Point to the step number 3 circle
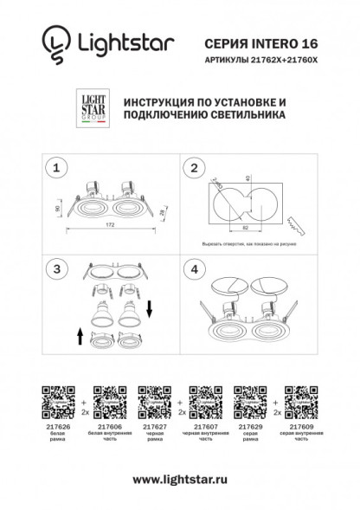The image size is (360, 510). [57, 270]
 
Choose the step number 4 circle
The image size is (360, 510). [196, 270]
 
